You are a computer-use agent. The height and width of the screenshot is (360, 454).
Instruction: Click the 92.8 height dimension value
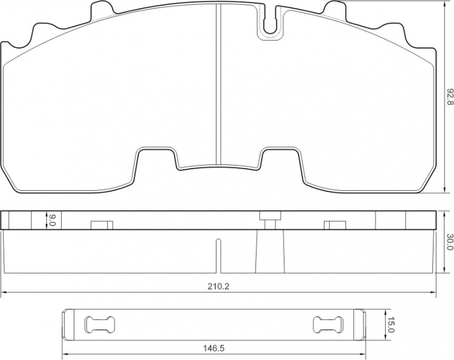point(449,97)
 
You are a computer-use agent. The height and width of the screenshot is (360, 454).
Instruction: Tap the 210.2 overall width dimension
point(218,286)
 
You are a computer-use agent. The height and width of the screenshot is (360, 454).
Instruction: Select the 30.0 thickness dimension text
point(449,242)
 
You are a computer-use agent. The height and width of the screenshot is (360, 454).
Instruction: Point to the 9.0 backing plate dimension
point(52,220)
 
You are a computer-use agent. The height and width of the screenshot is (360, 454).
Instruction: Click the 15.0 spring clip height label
point(391,325)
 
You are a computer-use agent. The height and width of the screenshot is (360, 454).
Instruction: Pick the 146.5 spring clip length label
point(214,348)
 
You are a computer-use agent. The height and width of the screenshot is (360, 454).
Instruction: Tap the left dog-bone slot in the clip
point(100,325)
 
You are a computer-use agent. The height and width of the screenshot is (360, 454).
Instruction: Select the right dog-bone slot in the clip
point(328,325)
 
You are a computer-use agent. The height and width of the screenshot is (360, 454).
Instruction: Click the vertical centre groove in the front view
point(218,85)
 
